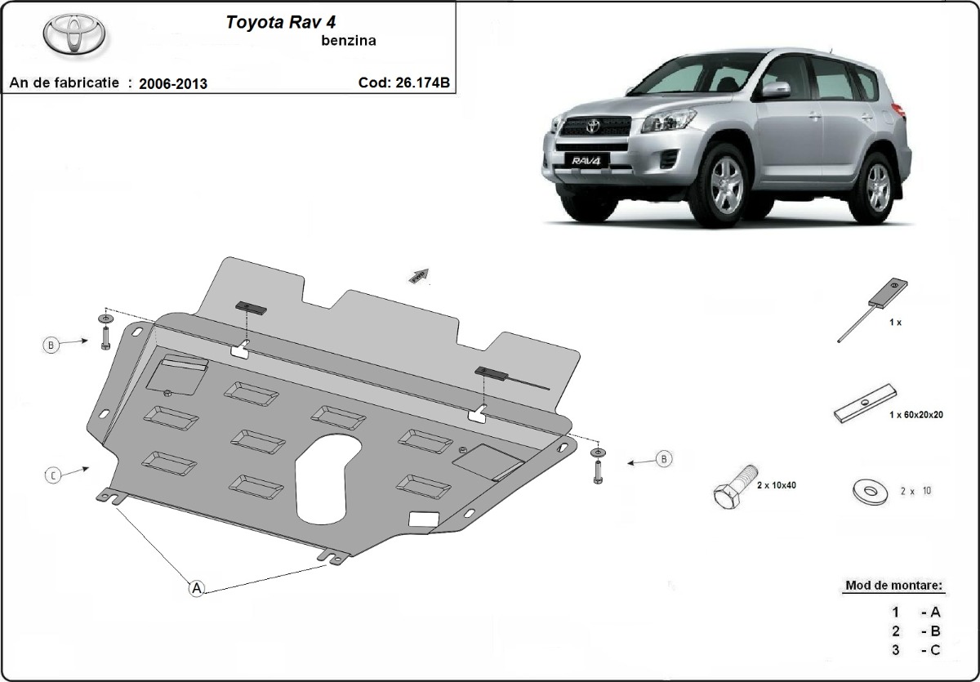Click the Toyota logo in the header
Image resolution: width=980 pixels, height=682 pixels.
(73, 35)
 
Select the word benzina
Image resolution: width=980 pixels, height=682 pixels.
(349, 42)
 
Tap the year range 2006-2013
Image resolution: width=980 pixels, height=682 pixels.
(173, 83)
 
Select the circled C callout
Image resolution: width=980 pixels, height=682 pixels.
(53, 475)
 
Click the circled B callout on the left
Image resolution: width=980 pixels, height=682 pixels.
(51, 345)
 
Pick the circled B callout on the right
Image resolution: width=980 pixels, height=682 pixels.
(664, 460)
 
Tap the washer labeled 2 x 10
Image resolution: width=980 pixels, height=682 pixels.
(869, 491)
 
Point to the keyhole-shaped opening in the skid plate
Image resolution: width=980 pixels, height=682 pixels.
(325, 478)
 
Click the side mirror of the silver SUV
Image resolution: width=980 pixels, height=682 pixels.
(777, 89)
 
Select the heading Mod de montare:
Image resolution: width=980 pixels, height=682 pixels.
(893, 586)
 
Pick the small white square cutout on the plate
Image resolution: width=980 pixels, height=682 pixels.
(423, 518)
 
